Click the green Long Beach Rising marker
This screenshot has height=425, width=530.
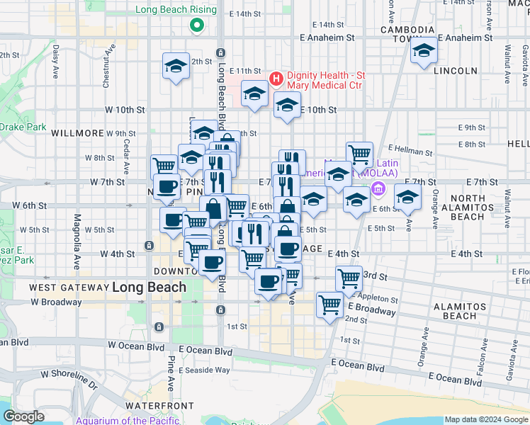(197, 27)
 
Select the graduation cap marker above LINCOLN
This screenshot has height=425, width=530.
(424, 51)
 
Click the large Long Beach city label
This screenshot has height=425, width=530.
(149, 288)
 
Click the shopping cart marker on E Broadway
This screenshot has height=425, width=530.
(330, 305)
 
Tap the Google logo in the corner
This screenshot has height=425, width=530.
(23, 416)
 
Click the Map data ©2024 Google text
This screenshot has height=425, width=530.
(486, 419)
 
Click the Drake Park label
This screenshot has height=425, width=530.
(23, 127)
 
